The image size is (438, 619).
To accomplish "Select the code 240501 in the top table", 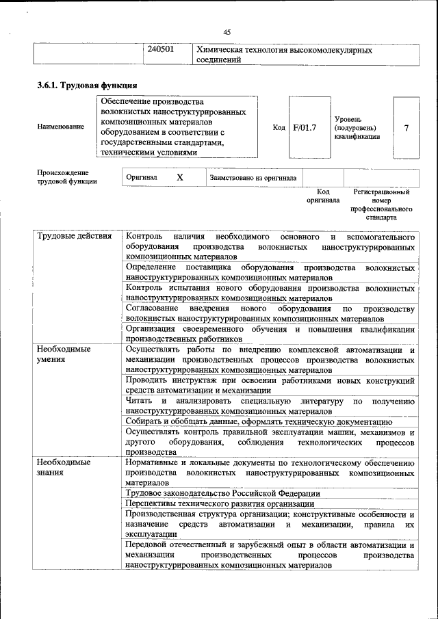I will tap(162, 51).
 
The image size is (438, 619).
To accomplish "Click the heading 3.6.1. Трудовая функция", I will tap(87, 86).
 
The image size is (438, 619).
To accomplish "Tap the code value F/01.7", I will tap(304, 128).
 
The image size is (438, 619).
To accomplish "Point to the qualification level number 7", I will tap(407, 128).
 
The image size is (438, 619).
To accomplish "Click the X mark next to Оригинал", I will tap(180, 177).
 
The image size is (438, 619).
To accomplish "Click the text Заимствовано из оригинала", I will tap(254, 178).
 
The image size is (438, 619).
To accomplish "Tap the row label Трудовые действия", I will tap(75, 237).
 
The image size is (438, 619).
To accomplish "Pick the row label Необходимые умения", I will tap(64, 354).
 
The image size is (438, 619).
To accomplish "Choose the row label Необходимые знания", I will tap(64, 467).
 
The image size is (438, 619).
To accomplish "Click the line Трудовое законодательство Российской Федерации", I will tap(223, 493).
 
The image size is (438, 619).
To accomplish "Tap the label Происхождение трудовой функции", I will tap(66, 177).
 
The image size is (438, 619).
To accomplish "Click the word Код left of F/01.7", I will tap(279, 128).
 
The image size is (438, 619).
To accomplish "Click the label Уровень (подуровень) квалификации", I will tap(357, 128).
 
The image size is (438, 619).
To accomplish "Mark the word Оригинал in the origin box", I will tap(142, 178).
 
